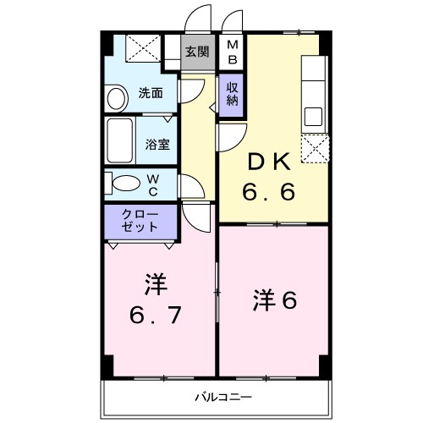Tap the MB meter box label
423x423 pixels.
pos(232,52)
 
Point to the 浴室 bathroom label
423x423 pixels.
pos(157,143)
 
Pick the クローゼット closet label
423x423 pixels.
pos(140,222)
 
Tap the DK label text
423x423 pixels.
pos(271,162)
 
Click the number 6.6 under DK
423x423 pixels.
pos(270,193)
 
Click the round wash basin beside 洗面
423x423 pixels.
pos(113,100)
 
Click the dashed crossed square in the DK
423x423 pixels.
pos(316,146)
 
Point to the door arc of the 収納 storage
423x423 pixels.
pos(230,134)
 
